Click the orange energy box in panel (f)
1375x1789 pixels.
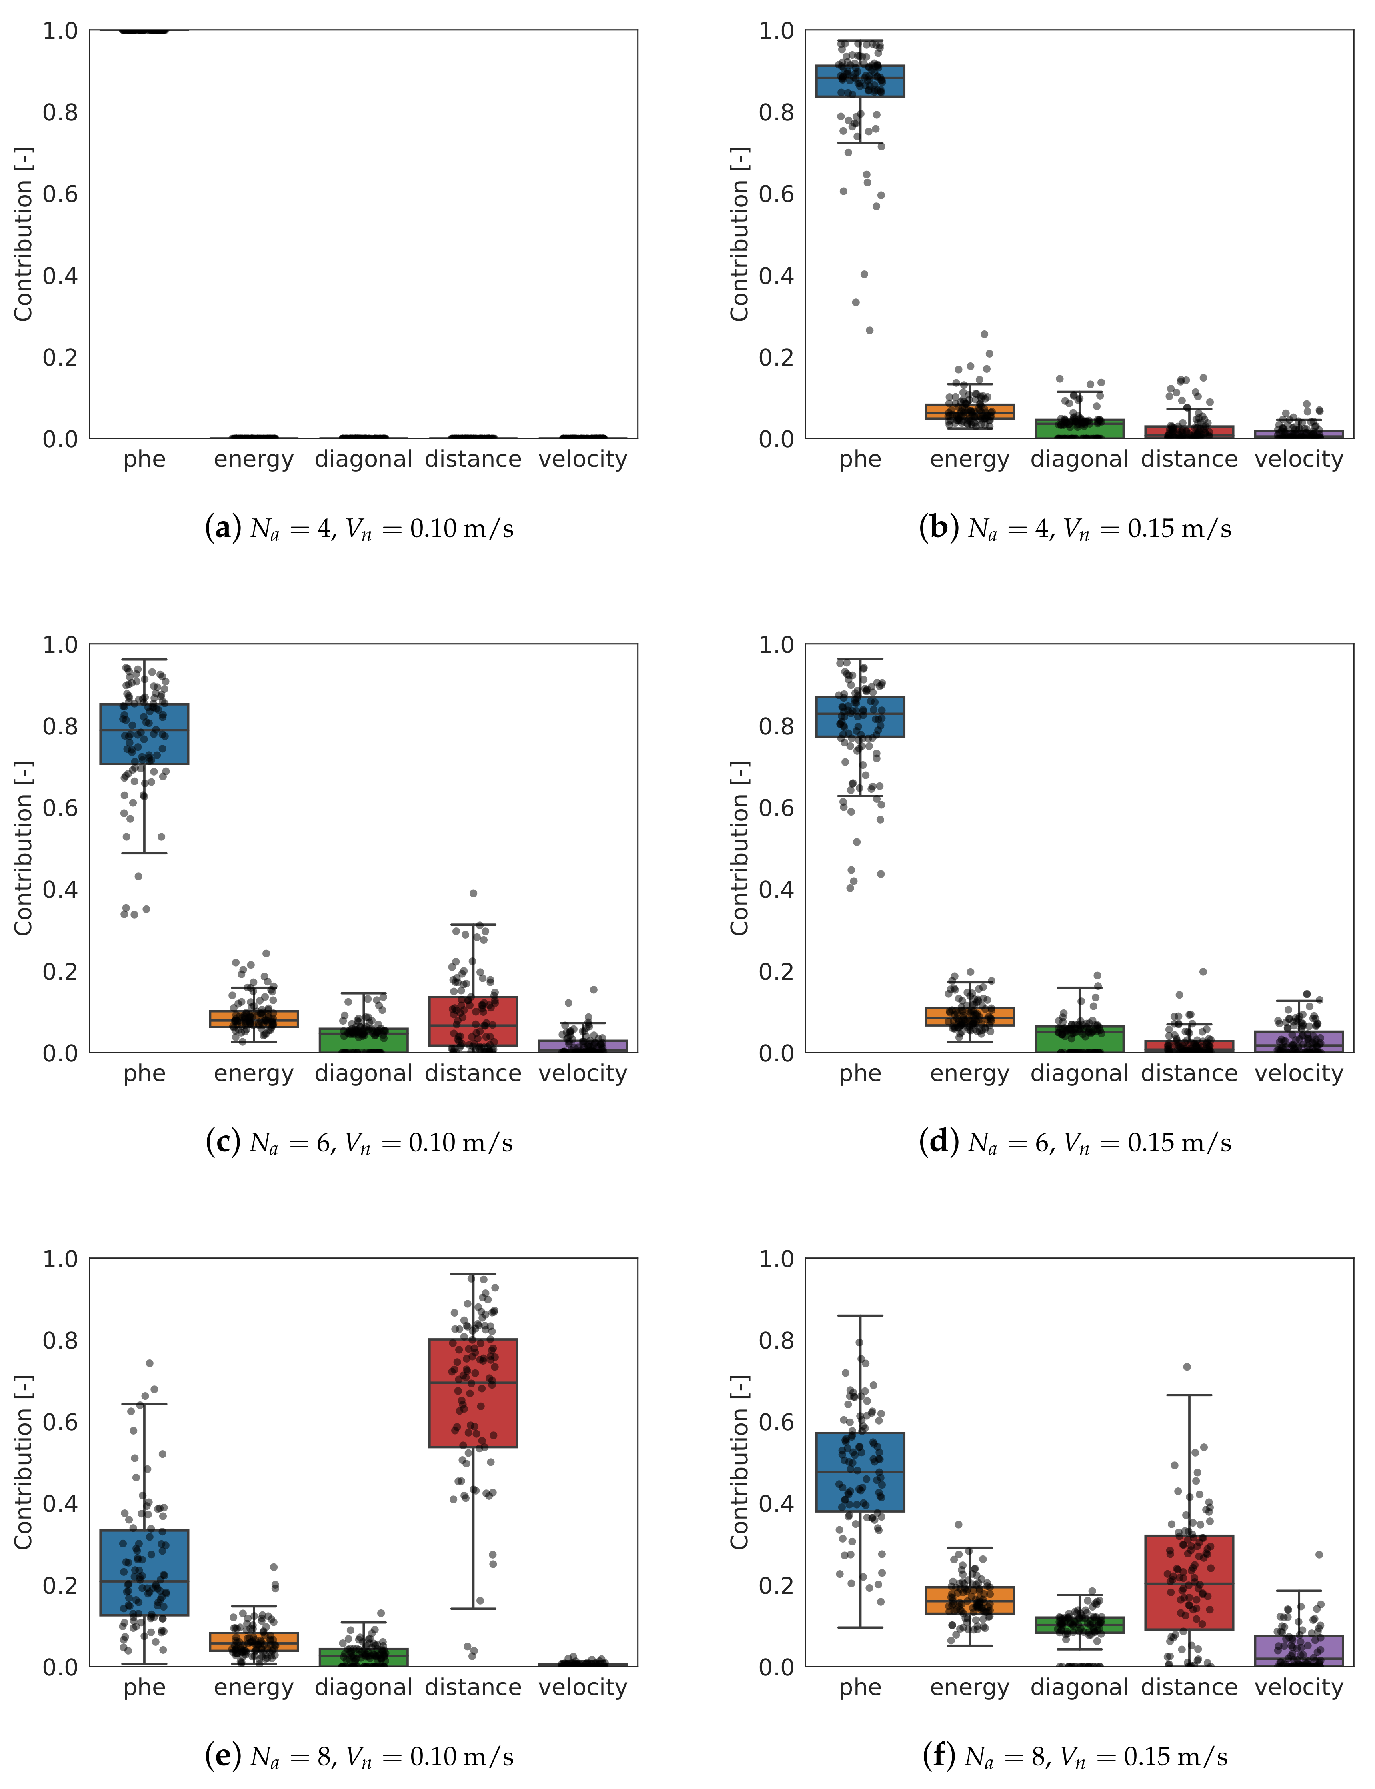(x=970, y=1600)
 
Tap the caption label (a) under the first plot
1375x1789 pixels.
(x=222, y=528)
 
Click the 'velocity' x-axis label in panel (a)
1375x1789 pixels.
(x=583, y=459)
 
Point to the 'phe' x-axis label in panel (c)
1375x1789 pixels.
(x=144, y=1073)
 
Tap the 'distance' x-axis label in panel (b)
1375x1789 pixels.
(x=1189, y=459)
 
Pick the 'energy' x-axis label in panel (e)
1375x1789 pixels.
(x=254, y=1687)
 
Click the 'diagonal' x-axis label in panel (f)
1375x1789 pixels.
(x=1079, y=1687)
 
